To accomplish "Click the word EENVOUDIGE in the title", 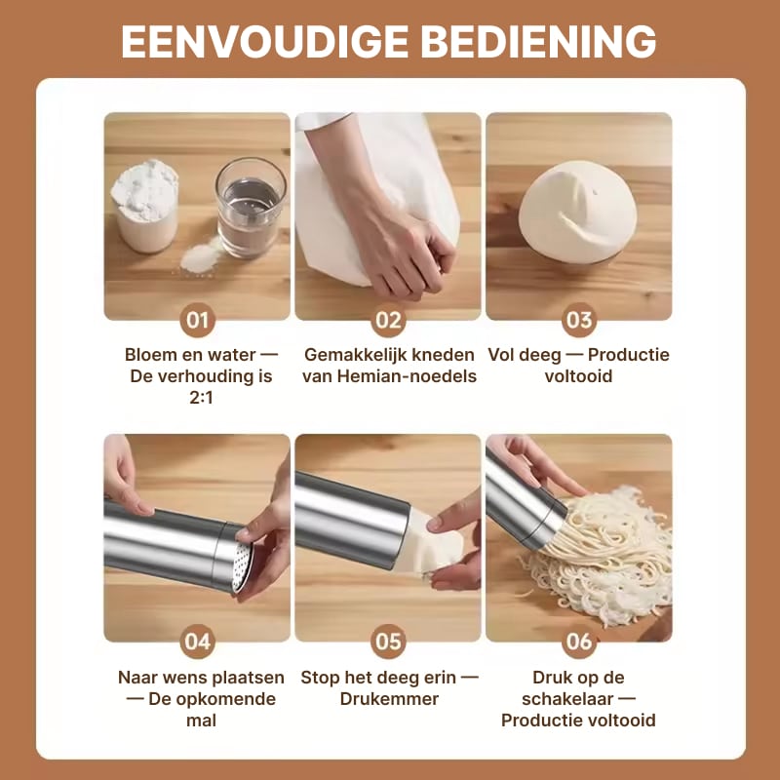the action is [264, 42].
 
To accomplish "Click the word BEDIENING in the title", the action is [539, 42].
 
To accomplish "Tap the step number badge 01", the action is [198, 320].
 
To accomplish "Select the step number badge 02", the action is [388, 320].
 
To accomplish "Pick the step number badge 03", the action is [579, 320].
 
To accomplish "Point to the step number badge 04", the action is [198, 642].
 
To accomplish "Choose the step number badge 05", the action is [388, 642].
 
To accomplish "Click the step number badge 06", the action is [579, 642].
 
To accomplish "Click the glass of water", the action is [251, 208].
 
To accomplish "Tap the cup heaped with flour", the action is [144, 206].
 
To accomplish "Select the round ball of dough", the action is [577, 213].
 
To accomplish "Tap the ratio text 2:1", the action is [201, 398].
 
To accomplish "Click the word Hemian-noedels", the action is [407, 376].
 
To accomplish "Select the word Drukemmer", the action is [389, 699].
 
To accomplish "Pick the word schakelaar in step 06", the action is [567, 699].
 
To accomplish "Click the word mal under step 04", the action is [201, 721].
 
